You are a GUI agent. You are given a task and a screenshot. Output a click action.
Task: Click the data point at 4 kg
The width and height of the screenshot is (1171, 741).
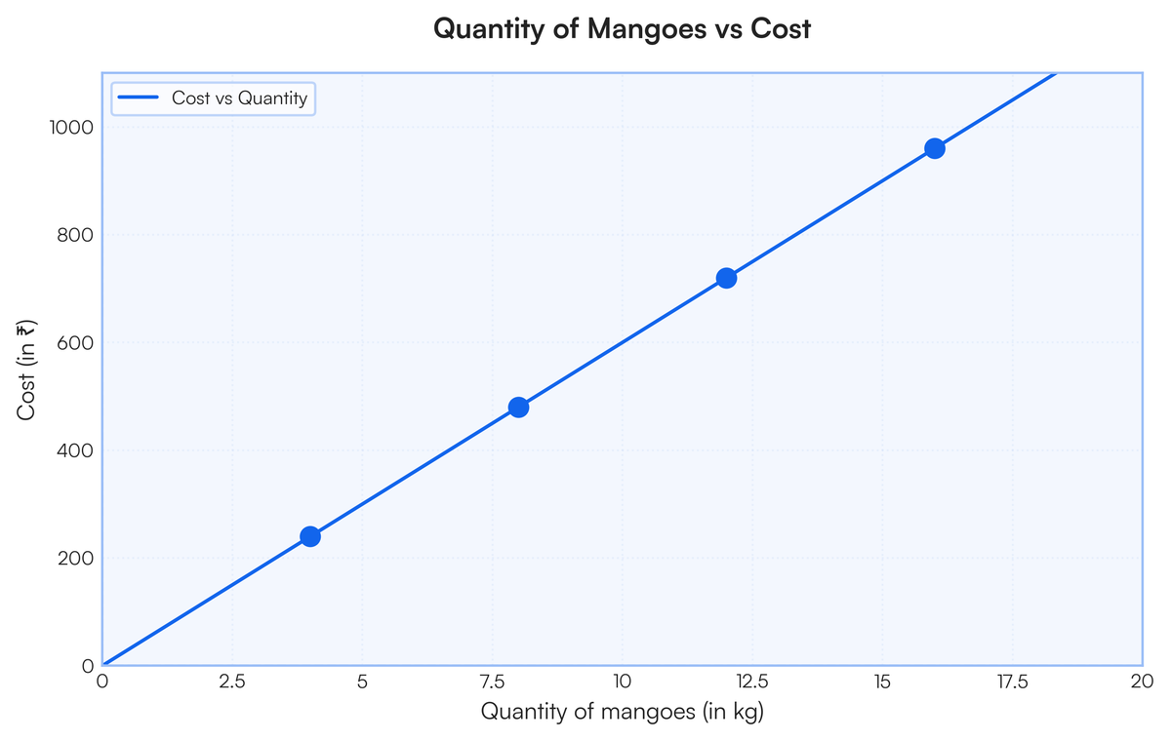pyautogui.click(x=310, y=536)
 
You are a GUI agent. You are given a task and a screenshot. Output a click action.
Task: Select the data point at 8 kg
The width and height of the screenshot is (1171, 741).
pyautogui.click(x=518, y=408)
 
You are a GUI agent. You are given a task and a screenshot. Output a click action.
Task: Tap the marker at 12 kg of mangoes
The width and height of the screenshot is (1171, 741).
pyautogui.click(x=726, y=278)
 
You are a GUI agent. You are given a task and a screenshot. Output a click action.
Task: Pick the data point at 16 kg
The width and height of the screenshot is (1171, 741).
pyautogui.click(x=934, y=148)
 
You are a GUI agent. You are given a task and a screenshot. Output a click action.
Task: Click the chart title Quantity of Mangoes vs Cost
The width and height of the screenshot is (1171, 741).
pyautogui.click(x=622, y=29)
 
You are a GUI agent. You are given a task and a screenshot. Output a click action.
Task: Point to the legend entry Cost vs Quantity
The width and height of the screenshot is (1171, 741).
pyautogui.click(x=239, y=98)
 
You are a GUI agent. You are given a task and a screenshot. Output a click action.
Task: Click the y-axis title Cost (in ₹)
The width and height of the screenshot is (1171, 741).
pyautogui.click(x=27, y=370)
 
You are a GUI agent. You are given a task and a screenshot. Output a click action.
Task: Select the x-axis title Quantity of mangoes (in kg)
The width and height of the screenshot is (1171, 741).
pyautogui.click(x=622, y=713)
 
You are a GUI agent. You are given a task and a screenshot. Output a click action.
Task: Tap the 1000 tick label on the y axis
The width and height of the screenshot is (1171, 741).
pyautogui.click(x=69, y=128)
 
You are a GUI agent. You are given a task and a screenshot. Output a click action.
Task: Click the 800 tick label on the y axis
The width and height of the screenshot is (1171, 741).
pyautogui.click(x=74, y=235)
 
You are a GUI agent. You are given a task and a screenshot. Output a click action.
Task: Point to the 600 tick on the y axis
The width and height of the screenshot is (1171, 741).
pyautogui.click(x=74, y=343)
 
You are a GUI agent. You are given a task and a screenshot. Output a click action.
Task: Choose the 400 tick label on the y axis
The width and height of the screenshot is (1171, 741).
pyautogui.click(x=74, y=450)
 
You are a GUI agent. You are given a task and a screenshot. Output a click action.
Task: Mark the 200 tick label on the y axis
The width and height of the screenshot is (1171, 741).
pyautogui.click(x=74, y=559)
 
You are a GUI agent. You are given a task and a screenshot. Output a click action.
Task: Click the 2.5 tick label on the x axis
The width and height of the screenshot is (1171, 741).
pyautogui.click(x=232, y=682)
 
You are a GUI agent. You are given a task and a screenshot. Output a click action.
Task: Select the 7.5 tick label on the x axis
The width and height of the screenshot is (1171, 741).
pyautogui.click(x=492, y=682)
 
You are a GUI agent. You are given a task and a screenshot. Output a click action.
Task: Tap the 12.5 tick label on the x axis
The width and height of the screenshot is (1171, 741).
pyautogui.click(x=751, y=682)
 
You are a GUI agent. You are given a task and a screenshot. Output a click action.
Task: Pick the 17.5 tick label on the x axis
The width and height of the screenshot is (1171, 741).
pyautogui.click(x=1011, y=682)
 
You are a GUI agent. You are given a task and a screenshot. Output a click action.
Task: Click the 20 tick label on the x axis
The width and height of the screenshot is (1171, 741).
pyautogui.click(x=1141, y=682)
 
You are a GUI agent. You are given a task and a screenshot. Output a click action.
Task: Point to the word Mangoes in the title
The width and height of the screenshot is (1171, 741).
pyautogui.click(x=636, y=29)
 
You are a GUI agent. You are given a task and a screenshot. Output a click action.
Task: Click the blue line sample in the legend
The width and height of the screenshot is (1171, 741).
pyautogui.click(x=138, y=98)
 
